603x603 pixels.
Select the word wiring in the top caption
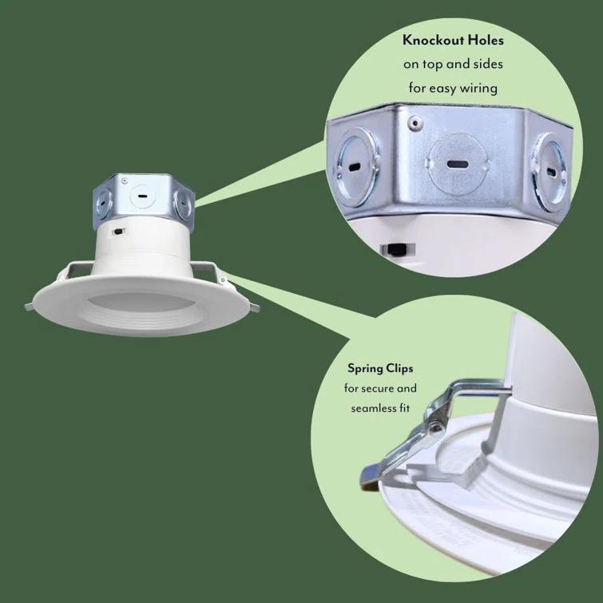(x=477, y=88)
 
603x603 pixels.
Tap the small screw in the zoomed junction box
(x=414, y=122)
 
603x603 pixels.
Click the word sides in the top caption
(x=484, y=64)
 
